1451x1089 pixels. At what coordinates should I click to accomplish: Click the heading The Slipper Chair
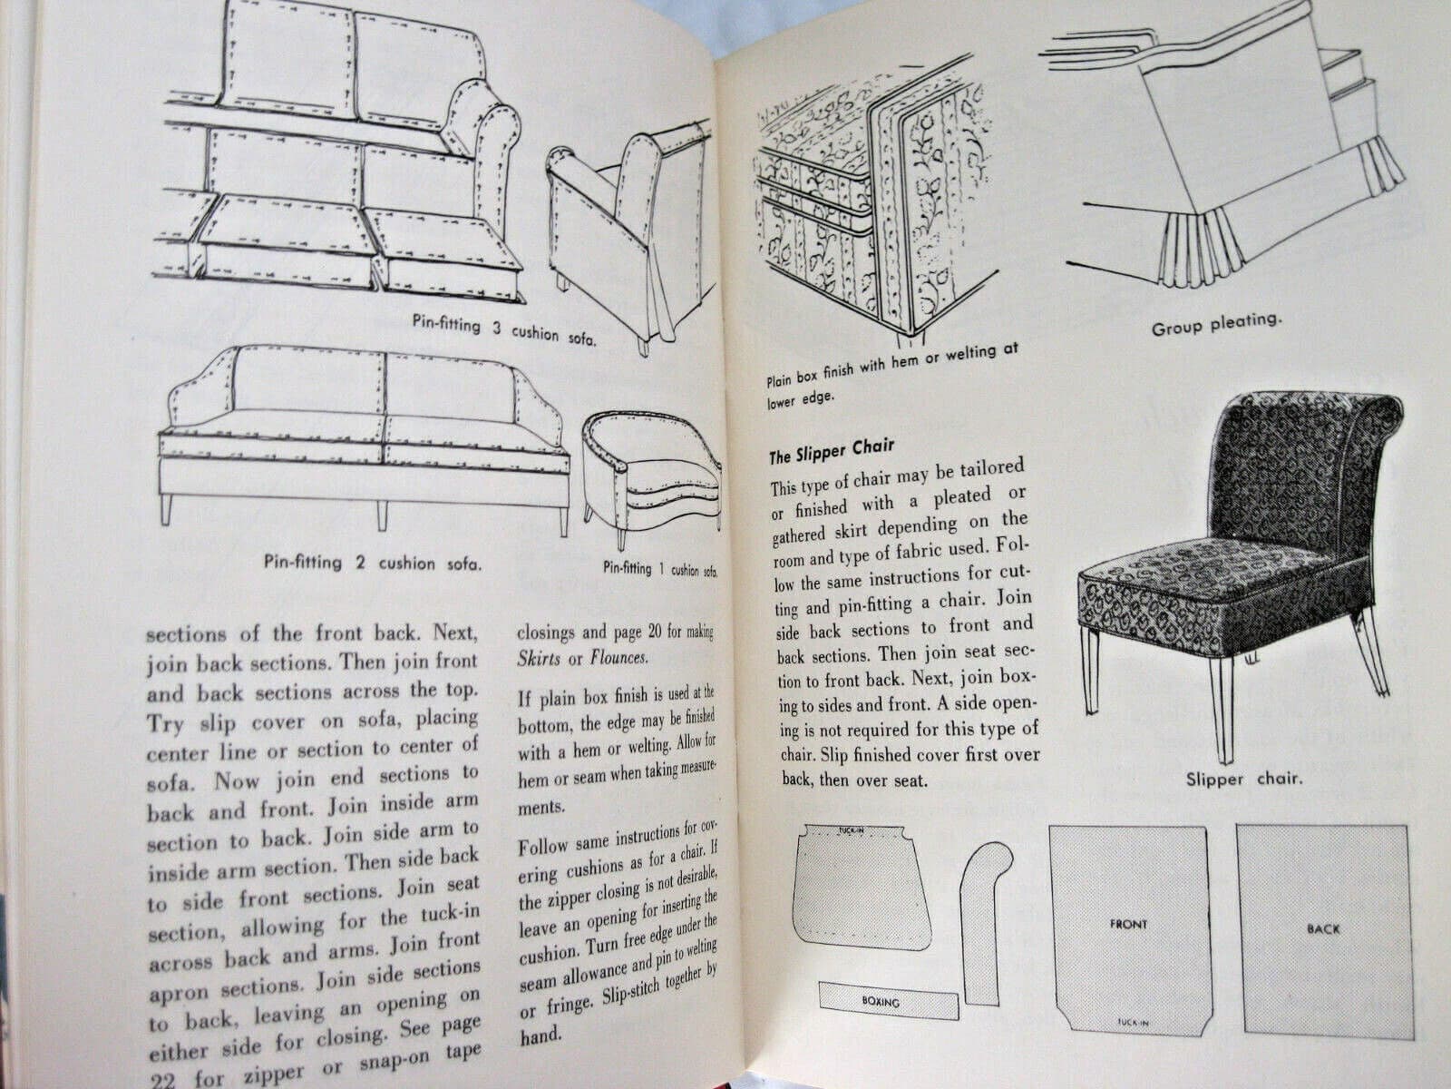tap(832, 447)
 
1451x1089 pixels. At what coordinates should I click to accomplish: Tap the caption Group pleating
tap(1216, 325)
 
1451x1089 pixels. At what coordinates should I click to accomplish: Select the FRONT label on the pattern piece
tap(1127, 924)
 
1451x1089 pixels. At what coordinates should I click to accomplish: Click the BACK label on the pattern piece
tap(1323, 928)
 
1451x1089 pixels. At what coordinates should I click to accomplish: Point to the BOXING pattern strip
tap(888, 1001)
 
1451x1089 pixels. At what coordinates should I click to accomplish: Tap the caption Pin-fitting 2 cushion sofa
tap(373, 563)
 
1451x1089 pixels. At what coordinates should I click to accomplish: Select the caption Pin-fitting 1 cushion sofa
tap(659, 570)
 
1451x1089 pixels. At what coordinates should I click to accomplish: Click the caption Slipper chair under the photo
tap(1242, 779)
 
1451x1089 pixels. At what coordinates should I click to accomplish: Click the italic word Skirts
tap(539, 657)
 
